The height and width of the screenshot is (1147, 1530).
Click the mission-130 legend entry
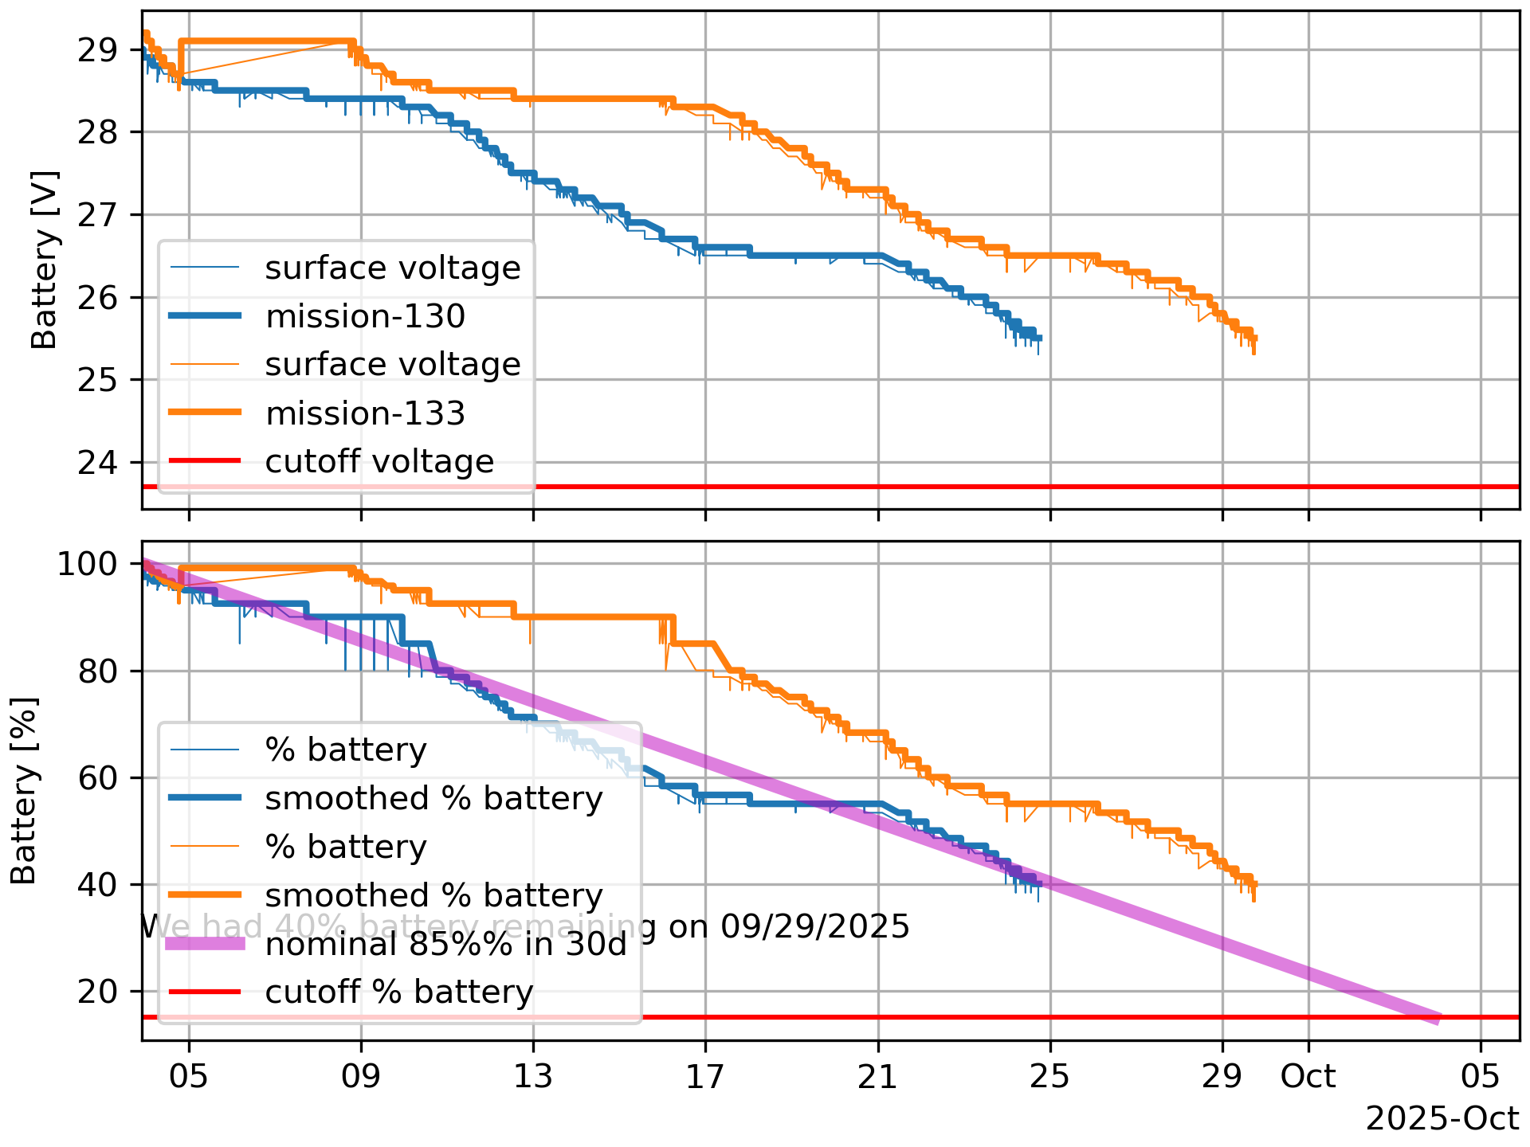coord(365,317)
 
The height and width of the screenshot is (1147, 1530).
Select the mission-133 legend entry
coord(365,414)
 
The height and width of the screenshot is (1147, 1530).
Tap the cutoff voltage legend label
coord(379,462)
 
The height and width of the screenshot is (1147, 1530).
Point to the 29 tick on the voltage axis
coord(97,50)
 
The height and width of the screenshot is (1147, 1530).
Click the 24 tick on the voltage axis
coord(97,462)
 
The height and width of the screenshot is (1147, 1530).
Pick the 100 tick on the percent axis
coord(87,564)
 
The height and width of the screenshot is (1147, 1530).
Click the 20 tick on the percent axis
coord(97,992)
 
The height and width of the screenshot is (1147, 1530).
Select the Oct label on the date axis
coord(1308,1077)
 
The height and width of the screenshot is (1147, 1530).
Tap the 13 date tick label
coord(533,1077)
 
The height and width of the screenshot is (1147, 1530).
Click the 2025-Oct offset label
coord(1442,1119)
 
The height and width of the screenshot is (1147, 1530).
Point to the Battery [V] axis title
coord(45,260)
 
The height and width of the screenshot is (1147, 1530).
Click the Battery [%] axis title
coord(25,791)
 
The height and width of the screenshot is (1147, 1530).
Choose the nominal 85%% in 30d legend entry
coord(446,944)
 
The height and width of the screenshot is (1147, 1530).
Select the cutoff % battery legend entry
coord(398,992)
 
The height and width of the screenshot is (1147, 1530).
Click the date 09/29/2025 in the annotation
coord(814,926)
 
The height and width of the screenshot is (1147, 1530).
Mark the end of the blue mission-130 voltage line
coord(1040,338)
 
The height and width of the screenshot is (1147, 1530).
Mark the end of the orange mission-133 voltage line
coord(1255,339)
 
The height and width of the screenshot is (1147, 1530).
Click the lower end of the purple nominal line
coord(1439,1019)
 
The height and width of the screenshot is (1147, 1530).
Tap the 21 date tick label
coord(877,1077)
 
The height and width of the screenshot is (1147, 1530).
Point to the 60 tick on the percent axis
coord(97,778)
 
